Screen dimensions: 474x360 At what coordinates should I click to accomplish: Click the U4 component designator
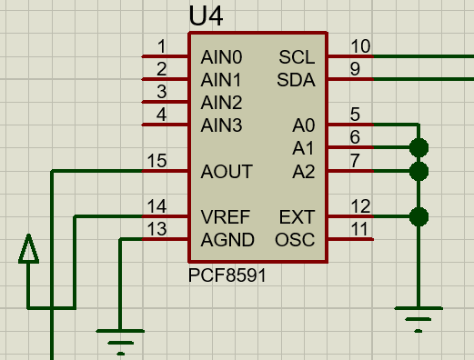point(206,15)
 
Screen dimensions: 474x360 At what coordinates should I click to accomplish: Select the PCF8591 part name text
point(227,275)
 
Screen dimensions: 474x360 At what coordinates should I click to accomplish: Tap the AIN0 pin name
point(221,57)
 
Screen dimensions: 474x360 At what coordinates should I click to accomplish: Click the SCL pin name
point(297,57)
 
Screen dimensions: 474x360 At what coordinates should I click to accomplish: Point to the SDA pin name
point(296,80)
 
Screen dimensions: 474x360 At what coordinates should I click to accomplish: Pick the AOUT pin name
point(227,172)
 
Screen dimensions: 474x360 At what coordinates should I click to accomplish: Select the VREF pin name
point(226,217)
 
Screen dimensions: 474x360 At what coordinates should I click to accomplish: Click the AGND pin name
point(227,240)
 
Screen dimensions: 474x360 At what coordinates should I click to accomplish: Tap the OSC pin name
point(295,240)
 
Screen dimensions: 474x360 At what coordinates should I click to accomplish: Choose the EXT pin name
point(297,217)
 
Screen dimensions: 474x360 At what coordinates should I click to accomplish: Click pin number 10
point(360,46)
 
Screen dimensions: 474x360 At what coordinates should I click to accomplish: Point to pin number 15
point(156,161)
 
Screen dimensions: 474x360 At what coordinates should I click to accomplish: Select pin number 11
point(359,229)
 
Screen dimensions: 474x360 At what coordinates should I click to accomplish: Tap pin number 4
point(162,115)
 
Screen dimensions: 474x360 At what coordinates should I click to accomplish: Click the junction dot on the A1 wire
point(419,147)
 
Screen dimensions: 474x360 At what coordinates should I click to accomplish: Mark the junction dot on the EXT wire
point(419,216)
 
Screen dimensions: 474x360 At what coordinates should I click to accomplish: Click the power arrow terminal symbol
point(28,248)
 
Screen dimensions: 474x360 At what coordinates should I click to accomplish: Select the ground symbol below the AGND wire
point(120,342)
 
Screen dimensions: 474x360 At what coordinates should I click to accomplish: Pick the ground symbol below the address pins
point(419,320)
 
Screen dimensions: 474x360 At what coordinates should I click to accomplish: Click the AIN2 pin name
point(221,103)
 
